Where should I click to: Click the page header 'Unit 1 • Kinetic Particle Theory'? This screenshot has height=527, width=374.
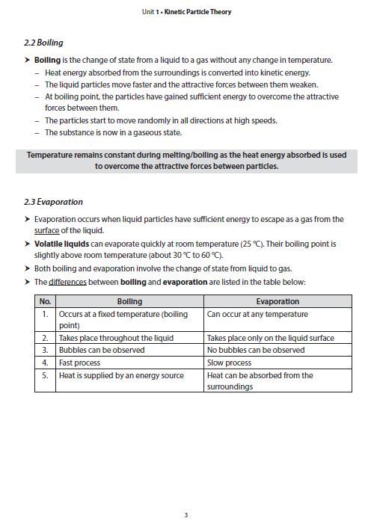coord(186,13)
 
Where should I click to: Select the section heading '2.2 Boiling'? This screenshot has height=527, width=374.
coord(43,43)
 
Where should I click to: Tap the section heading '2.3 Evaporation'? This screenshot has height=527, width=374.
coord(53,202)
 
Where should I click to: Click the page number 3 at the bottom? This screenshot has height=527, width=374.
coord(186,514)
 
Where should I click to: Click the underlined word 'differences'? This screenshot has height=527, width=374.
coord(67,282)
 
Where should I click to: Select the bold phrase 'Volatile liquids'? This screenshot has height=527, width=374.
coord(62,244)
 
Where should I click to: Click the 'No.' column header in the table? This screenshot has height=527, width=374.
coord(45,301)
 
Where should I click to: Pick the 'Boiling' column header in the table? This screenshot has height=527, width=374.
coord(129,301)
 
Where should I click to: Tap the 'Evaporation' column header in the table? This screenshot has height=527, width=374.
coord(278,301)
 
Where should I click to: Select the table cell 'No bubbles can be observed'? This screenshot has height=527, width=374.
coord(256,350)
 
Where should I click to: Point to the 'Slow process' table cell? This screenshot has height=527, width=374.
coord(229,363)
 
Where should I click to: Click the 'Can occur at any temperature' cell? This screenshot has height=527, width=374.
coord(257,315)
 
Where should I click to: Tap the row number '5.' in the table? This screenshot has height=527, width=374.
coord(45,375)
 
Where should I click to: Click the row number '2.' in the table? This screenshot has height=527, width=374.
coord(45,338)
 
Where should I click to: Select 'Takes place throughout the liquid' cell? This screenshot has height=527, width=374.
coord(116,338)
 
